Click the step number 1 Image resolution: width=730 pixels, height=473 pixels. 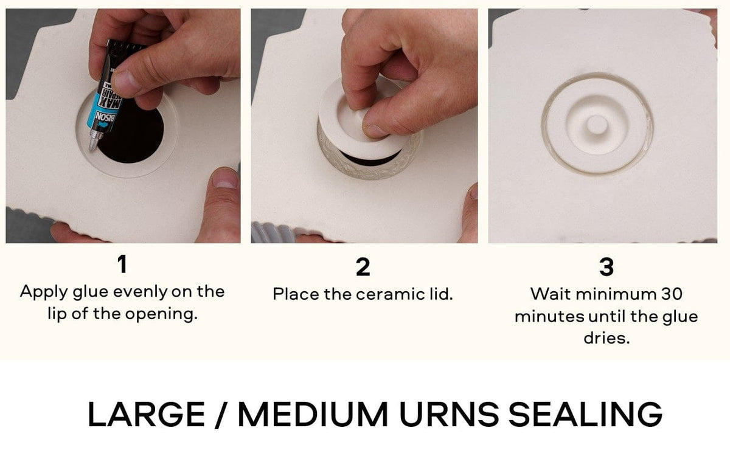click(x=122, y=264)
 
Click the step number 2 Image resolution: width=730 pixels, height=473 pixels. click(x=363, y=268)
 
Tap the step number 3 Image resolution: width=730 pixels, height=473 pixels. click(x=606, y=268)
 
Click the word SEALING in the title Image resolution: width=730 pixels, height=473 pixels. click(x=585, y=414)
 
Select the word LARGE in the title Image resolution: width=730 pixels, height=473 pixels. click(x=147, y=414)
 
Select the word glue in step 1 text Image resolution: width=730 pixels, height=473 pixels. click(x=91, y=292)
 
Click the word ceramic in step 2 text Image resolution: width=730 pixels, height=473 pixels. click(x=388, y=294)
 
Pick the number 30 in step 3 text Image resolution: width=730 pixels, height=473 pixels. click(x=671, y=294)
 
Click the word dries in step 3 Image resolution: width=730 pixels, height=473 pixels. click(x=606, y=338)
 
